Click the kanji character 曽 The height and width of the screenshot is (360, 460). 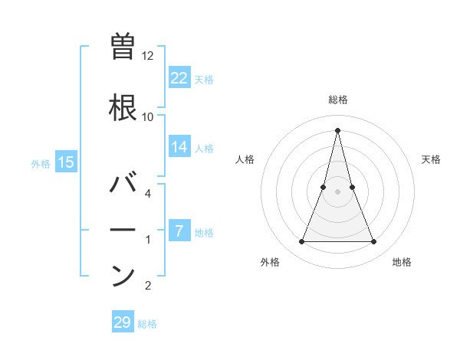(123, 46)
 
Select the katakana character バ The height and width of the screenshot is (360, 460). (123, 185)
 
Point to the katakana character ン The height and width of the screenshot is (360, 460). (123, 275)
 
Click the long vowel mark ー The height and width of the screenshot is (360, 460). (123, 230)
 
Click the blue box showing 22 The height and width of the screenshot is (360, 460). (179, 77)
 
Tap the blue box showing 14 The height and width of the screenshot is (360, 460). (179, 148)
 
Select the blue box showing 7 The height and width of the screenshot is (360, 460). (179, 231)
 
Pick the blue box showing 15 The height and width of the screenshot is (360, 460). (66, 162)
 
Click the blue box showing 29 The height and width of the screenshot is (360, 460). (123, 322)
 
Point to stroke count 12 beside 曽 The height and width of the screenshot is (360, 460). (148, 56)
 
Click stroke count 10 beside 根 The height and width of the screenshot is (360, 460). (148, 116)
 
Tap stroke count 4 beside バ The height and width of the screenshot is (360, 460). (148, 194)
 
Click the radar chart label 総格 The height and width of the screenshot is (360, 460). (338, 100)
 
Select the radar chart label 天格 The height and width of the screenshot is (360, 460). (432, 159)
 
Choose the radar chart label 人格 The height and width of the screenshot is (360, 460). (245, 159)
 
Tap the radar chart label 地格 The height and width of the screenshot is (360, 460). (402, 262)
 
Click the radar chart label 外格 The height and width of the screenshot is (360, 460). (270, 262)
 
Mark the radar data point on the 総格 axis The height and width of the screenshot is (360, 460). (338, 129)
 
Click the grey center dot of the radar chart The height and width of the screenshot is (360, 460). (338, 191)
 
